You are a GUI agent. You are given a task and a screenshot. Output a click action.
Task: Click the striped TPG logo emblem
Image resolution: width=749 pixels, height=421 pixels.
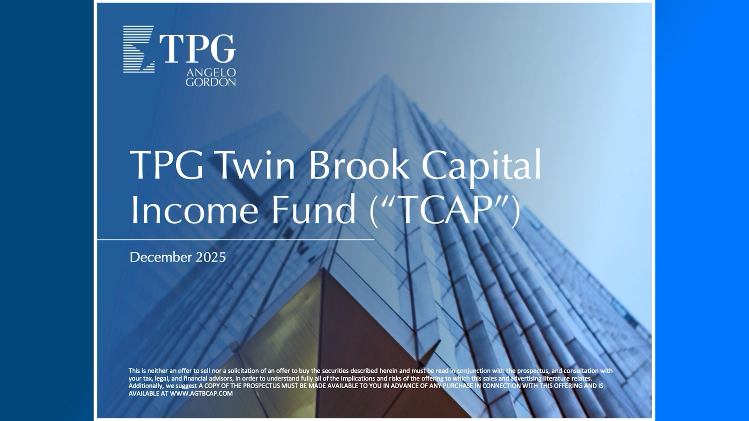(139, 49)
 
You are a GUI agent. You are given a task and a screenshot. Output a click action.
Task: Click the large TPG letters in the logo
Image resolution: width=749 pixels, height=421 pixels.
(197, 49)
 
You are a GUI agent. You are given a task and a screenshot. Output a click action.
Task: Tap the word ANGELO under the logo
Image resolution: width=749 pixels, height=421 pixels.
(211, 73)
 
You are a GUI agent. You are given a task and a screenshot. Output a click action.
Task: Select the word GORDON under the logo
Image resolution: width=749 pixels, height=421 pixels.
(211, 82)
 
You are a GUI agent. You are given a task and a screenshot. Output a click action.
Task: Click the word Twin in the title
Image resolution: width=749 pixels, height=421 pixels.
(256, 165)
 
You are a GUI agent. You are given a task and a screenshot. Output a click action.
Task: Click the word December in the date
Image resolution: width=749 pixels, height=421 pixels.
(161, 257)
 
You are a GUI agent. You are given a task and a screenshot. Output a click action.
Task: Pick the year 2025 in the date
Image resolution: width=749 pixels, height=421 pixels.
(211, 257)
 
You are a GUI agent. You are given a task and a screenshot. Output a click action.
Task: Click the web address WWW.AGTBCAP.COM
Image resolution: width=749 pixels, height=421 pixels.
(201, 394)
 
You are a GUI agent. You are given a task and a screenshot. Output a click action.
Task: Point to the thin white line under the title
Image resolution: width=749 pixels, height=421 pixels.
(236, 240)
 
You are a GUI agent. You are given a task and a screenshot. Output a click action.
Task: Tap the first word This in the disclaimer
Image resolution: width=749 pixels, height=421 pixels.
(134, 371)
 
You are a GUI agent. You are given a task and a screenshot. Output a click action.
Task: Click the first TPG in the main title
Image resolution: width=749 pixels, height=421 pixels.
(167, 165)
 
